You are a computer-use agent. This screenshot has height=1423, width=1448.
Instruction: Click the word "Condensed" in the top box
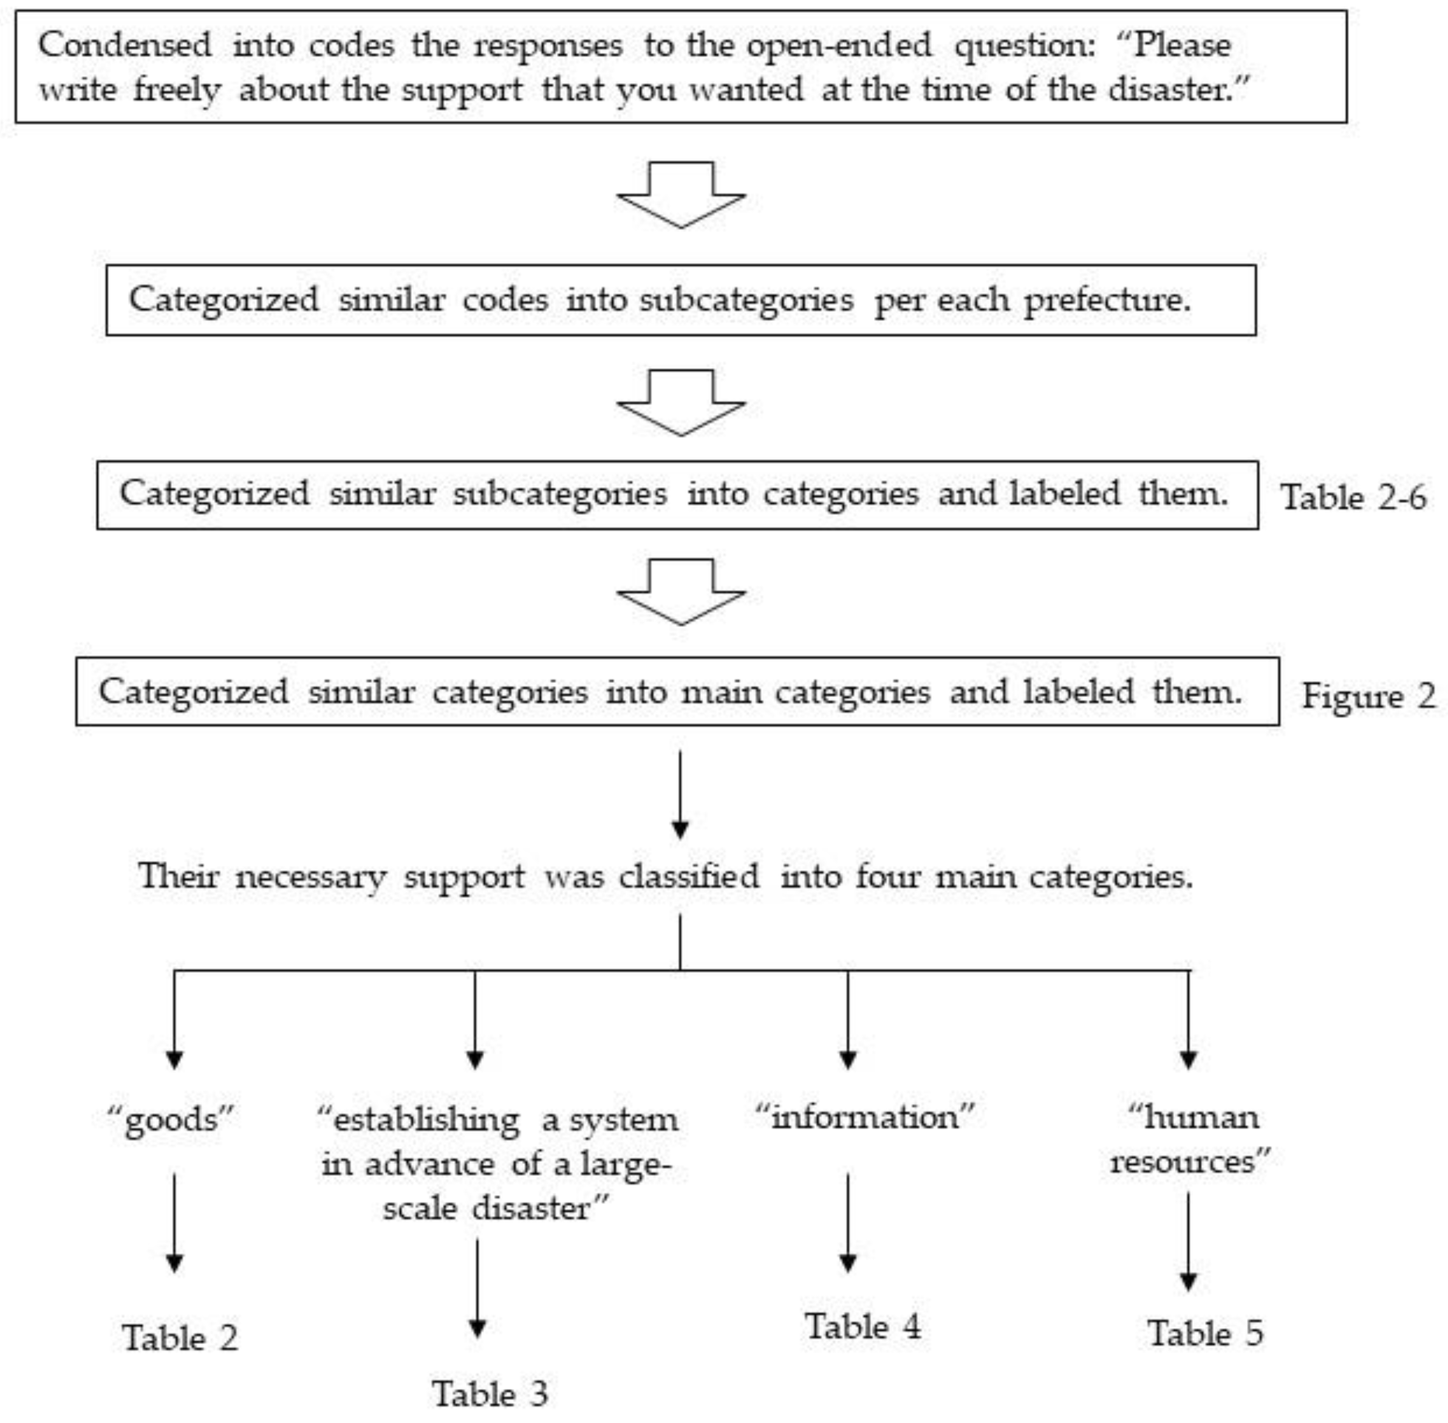click(125, 45)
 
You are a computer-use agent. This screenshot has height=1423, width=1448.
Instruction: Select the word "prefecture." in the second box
click(1107, 300)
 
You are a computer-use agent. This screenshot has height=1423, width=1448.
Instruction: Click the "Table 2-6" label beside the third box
click(1353, 497)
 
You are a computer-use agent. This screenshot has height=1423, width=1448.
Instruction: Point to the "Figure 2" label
click(1368, 696)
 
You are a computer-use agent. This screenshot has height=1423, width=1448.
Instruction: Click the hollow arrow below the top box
click(681, 194)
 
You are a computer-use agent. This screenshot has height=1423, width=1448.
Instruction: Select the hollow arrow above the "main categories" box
click(681, 592)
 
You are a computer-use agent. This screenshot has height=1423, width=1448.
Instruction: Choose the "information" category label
click(864, 1117)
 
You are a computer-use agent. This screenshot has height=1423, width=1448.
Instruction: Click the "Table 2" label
click(179, 1338)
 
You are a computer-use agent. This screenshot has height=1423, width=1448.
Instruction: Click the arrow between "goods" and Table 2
click(174, 1222)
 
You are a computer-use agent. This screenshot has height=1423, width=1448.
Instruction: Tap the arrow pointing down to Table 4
click(847, 1222)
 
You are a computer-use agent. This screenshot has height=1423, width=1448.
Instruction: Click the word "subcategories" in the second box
click(746, 300)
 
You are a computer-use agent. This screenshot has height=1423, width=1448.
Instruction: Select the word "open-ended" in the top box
click(839, 45)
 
